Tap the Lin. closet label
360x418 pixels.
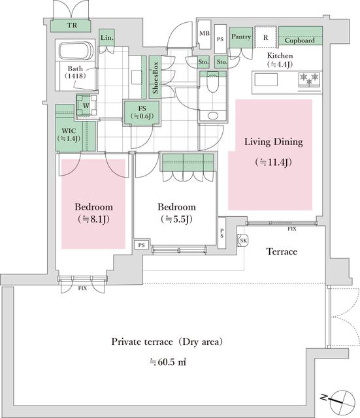tap(107, 39)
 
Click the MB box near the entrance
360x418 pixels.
tap(204, 33)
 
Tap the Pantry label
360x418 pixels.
tap(241, 37)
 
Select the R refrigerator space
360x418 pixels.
tap(265, 37)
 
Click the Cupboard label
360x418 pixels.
tap(300, 40)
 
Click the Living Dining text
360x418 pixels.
tap(274, 142)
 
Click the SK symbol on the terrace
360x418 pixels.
tap(244, 241)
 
